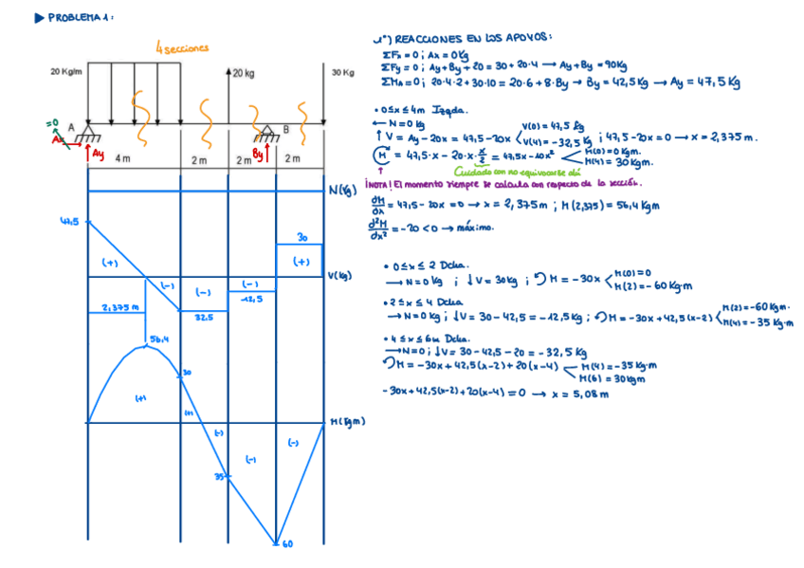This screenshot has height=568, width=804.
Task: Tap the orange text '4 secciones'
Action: [182, 47]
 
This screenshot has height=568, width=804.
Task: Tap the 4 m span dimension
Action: [123, 158]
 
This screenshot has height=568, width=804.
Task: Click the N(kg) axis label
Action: [341, 191]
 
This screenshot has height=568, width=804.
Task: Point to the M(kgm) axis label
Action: [348, 422]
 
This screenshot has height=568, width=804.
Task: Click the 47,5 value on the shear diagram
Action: [68, 222]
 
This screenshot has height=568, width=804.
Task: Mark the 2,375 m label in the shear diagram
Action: [120, 307]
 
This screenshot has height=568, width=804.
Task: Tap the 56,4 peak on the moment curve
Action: [158, 339]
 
